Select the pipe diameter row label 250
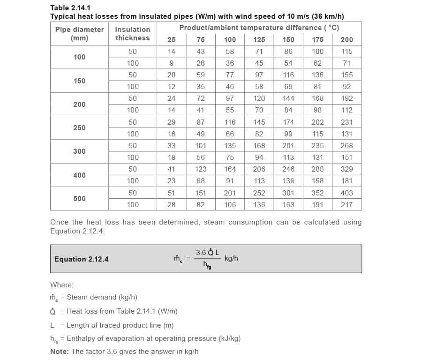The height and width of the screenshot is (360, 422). click(x=79, y=128)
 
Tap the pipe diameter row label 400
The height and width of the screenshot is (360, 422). click(x=79, y=175)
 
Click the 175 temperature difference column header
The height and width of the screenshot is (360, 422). click(x=317, y=40)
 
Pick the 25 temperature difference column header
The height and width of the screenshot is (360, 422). click(x=172, y=40)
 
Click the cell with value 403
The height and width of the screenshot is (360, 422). click(x=347, y=193)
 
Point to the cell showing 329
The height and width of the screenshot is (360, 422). click(x=347, y=169)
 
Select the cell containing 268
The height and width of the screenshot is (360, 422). click(x=347, y=146)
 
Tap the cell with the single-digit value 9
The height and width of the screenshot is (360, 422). click(x=172, y=63)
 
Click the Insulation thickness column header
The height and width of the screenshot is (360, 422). click(x=133, y=34)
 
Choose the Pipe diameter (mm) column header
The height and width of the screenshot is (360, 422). click(x=79, y=34)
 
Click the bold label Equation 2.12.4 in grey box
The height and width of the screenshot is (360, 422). click(x=82, y=259)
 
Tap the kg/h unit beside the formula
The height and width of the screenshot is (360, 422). click(x=231, y=258)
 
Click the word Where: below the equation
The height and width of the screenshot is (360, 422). click(x=62, y=285)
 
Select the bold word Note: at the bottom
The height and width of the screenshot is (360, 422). click(x=60, y=352)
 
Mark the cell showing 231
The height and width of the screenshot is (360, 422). click(x=347, y=122)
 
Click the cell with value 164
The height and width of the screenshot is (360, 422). click(x=230, y=169)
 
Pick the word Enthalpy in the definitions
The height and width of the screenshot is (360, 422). click(x=81, y=338)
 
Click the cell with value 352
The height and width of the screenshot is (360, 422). click(x=317, y=193)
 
